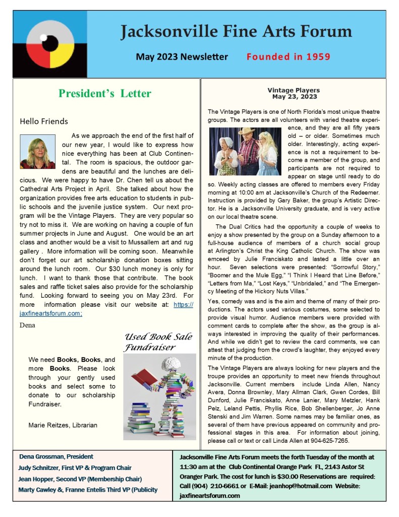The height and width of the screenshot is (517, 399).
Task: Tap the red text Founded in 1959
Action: [x=288, y=56]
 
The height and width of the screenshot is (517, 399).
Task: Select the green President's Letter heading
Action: [x=104, y=93]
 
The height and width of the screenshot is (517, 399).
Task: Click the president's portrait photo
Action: [x=37, y=151]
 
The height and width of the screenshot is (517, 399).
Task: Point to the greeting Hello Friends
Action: [x=43, y=121]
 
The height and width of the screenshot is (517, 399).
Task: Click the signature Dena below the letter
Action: [x=27, y=324]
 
